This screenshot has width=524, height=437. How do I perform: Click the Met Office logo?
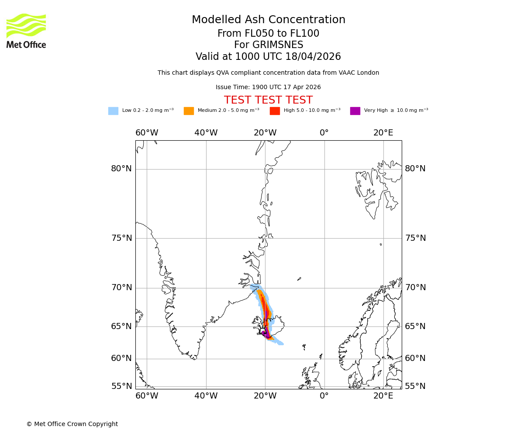(x=26, y=31)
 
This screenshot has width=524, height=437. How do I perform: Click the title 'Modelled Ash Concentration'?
(x=269, y=20)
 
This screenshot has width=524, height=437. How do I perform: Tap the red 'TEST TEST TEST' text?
(x=268, y=101)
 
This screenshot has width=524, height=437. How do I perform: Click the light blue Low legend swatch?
(x=113, y=111)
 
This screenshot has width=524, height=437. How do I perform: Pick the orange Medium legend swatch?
(x=189, y=111)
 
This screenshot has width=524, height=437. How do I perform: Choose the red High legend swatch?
(x=275, y=111)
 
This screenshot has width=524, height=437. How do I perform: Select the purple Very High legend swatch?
(x=355, y=111)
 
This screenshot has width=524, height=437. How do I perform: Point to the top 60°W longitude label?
(x=147, y=133)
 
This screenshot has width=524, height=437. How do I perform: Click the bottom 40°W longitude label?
(x=206, y=396)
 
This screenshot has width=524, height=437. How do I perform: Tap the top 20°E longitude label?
(x=383, y=133)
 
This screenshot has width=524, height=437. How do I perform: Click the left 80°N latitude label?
(x=121, y=169)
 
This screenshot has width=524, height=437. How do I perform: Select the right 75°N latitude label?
(x=415, y=238)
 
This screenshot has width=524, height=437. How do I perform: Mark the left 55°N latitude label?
(x=121, y=386)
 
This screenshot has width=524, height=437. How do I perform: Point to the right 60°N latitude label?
(x=415, y=358)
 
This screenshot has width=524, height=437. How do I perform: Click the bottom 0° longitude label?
(x=324, y=396)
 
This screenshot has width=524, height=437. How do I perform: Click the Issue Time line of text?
(x=268, y=87)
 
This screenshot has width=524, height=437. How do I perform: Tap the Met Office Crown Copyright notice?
(x=72, y=424)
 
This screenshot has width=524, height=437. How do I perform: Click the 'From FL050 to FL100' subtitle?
(x=268, y=34)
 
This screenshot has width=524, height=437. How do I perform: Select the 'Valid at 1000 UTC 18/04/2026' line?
(x=268, y=57)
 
